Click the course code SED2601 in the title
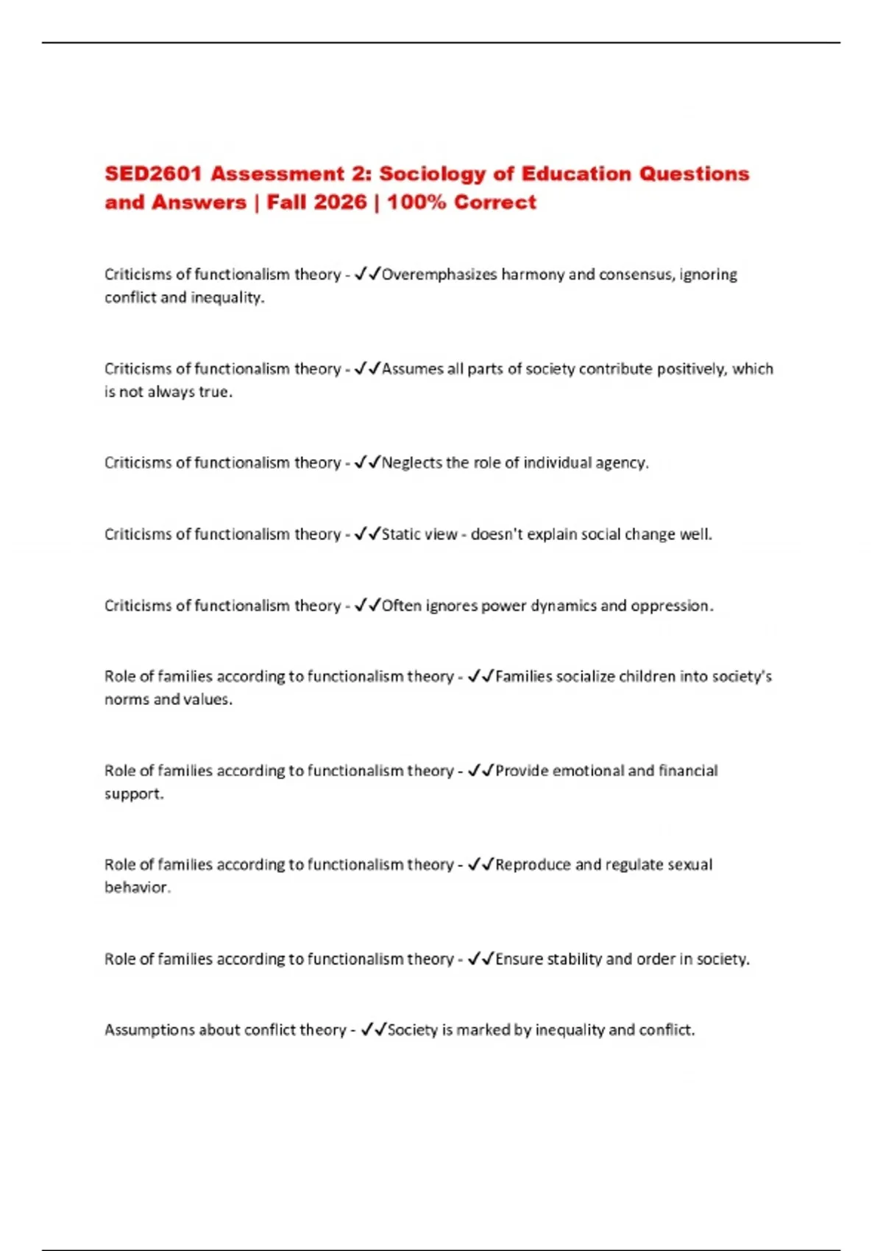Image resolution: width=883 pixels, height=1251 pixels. (x=153, y=174)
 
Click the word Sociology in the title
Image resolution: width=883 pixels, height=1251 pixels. (x=433, y=174)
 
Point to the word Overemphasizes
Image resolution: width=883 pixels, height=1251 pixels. (x=439, y=274)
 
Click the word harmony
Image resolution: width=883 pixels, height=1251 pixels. (x=533, y=274)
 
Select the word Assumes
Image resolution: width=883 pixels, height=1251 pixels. (x=412, y=369)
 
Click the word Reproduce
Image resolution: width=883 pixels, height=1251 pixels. (x=533, y=865)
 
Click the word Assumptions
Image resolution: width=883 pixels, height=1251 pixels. (x=149, y=1029)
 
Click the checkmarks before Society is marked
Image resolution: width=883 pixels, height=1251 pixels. (x=373, y=1029)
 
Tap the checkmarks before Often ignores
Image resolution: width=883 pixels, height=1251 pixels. (x=367, y=606)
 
